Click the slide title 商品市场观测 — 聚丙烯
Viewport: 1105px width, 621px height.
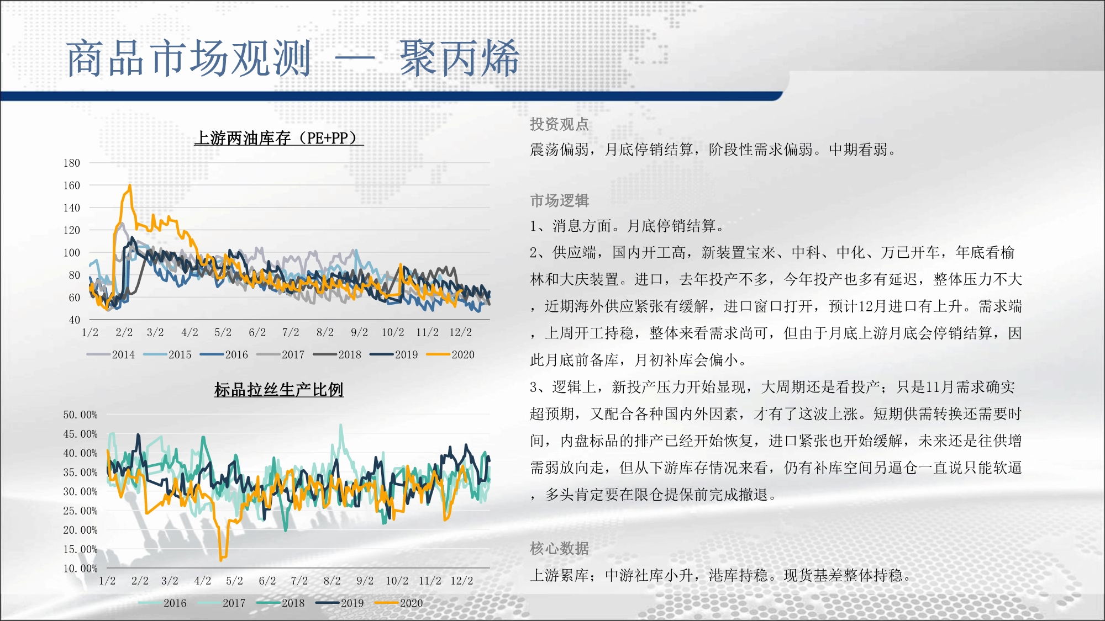pyautogui.click(x=293, y=58)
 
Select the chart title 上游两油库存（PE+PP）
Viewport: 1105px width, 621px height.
pyautogui.click(x=278, y=138)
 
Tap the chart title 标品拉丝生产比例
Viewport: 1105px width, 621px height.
pyautogui.click(x=278, y=390)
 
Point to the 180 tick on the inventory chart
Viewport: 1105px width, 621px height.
pyautogui.click(x=72, y=163)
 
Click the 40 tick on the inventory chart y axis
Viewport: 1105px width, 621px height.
pyautogui.click(x=75, y=320)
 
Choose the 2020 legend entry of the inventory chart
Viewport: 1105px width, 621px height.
pyautogui.click(x=450, y=354)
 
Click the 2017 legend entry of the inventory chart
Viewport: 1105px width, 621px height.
pyautogui.click(x=281, y=354)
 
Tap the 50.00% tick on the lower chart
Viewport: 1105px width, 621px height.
pyautogui.click(x=80, y=415)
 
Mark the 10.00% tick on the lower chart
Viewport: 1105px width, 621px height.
pyautogui.click(x=80, y=568)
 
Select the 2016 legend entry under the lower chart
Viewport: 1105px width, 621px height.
pyautogui.click(x=162, y=603)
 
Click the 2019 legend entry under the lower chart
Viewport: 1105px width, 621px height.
pyautogui.click(x=340, y=603)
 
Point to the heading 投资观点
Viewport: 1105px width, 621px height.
pyautogui.click(x=559, y=124)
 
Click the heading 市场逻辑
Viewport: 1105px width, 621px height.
pyautogui.click(x=559, y=200)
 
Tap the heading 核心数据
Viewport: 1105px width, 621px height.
pyautogui.click(x=559, y=548)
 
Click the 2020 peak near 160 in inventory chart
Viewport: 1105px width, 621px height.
pyautogui.click(x=130, y=185)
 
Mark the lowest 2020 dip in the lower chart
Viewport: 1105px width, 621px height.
pyautogui.click(x=221, y=559)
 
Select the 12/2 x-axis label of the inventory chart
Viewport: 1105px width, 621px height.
pyautogui.click(x=460, y=332)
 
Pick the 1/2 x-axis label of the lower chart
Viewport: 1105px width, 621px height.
pyautogui.click(x=107, y=581)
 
